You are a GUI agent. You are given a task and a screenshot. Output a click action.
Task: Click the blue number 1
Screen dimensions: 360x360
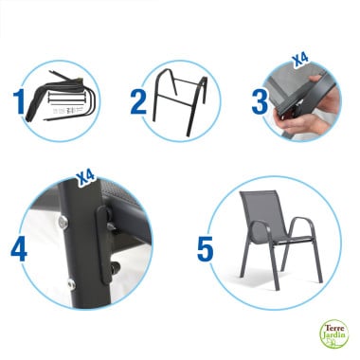[18, 99]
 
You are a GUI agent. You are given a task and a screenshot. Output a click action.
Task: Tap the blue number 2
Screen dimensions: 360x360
[138, 99]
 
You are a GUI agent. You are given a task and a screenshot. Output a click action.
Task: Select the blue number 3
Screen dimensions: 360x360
[260, 99]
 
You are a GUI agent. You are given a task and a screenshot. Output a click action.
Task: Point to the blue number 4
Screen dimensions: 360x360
[19, 248]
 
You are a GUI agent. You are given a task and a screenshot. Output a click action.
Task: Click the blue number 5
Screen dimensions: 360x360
[205, 248]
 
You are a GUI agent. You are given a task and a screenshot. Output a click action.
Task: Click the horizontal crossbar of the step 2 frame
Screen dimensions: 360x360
[176, 103]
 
